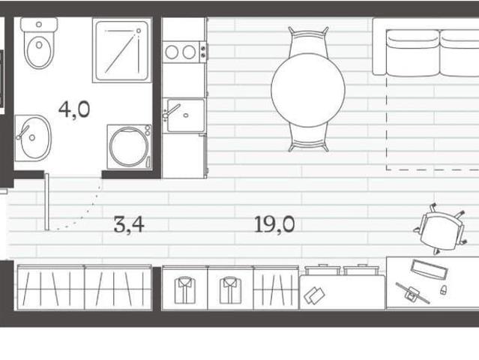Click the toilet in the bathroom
(39, 43)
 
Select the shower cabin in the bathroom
(122, 50)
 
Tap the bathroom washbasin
(33, 138)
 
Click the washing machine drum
(129, 147)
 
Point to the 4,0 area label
(74, 109)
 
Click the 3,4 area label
(129, 224)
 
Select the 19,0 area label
(274, 224)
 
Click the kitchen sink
(185, 115)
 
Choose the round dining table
(308, 90)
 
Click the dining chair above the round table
(309, 40)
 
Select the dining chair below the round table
(309, 138)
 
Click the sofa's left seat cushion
(413, 53)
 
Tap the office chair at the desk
(440, 229)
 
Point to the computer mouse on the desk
(443, 289)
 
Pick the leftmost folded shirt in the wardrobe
(185, 290)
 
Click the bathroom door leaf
(46, 202)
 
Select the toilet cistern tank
(39, 25)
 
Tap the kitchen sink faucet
(170, 111)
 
